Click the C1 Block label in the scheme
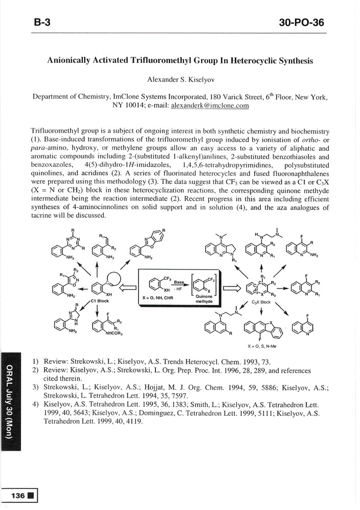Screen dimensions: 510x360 [98, 301]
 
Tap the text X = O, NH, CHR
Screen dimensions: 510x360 [159, 297]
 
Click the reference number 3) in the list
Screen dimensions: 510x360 [35, 387]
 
